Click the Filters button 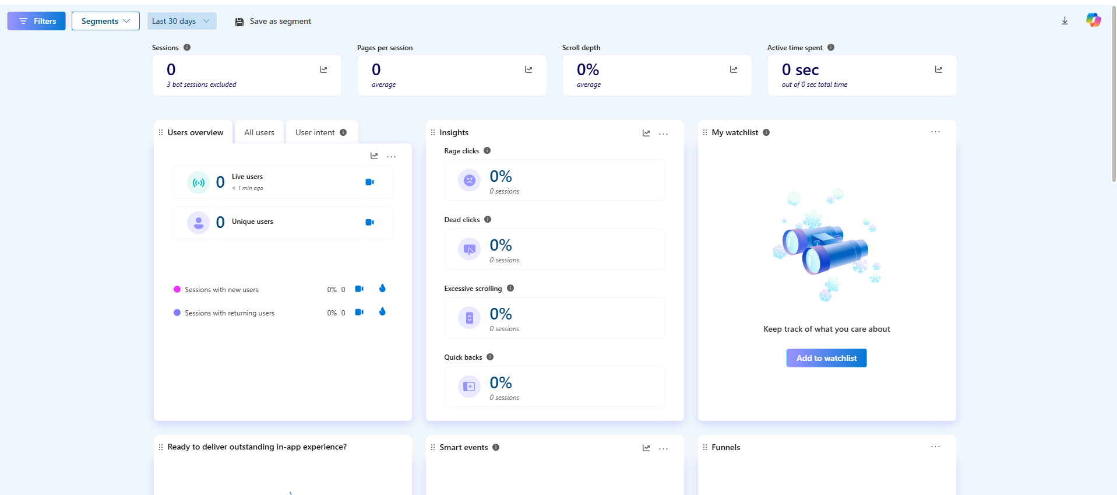[37, 21]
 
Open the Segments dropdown [105, 21]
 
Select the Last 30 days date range [181, 21]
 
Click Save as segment [273, 22]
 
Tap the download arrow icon [1065, 21]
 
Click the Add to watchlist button [826, 358]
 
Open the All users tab [259, 132]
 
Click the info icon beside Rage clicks [487, 150]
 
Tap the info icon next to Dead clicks [488, 219]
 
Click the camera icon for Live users [369, 182]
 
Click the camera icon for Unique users [369, 222]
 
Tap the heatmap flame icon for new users [382, 288]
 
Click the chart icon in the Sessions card [323, 69]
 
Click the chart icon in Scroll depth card [734, 69]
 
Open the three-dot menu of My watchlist [935, 132]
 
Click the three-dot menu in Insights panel [663, 134]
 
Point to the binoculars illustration [826, 248]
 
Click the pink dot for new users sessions [177, 289]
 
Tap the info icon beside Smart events [496, 447]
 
